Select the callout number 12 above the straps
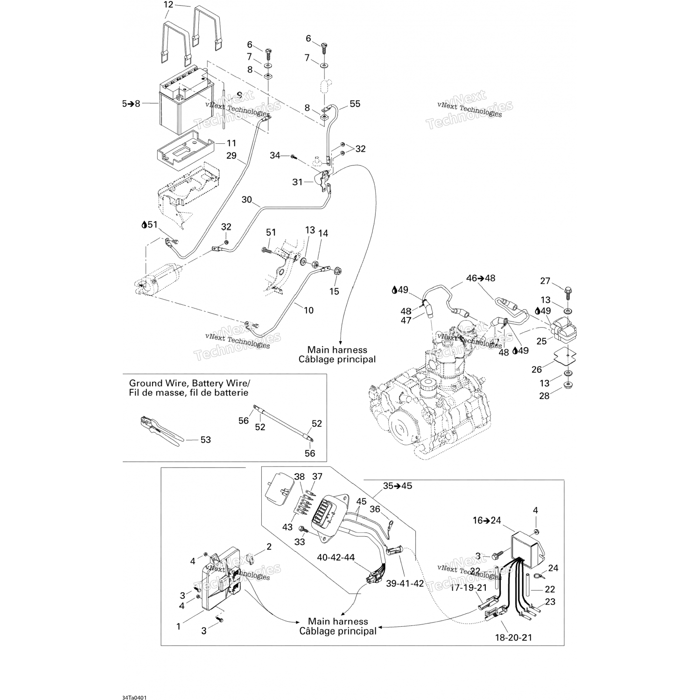point(168,5)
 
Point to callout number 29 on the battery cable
point(231,156)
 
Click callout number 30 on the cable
point(246,200)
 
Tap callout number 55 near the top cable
point(355,104)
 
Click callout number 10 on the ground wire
point(308,310)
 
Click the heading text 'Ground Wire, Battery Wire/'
point(189,383)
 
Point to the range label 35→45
point(398,486)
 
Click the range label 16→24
point(487,521)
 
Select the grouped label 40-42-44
point(336,557)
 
